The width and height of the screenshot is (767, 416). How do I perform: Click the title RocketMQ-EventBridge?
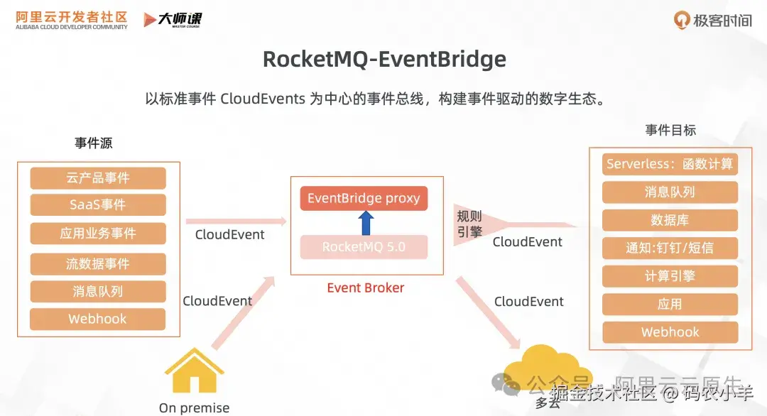[384, 59]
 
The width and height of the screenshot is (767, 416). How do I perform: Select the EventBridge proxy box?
[364, 199]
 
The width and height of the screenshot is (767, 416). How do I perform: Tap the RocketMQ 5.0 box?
[364, 247]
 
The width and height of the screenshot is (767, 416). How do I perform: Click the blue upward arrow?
[366, 222]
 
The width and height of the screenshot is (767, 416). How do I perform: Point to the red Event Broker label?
[365, 288]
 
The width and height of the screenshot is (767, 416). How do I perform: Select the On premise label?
[194, 407]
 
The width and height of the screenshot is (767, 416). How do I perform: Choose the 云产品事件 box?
[98, 178]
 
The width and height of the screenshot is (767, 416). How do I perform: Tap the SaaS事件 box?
[98, 205]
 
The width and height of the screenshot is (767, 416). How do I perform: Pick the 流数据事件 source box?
[98, 264]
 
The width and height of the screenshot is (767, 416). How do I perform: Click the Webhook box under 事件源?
[98, 319]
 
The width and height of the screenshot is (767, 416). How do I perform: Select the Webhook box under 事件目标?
[670, 332]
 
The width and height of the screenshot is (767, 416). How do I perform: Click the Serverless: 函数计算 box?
[670, 164]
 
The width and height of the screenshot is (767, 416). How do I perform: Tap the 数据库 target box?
[670, 220]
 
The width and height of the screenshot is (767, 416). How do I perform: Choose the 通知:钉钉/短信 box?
[670, 248]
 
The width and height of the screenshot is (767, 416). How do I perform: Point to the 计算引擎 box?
[670, 276]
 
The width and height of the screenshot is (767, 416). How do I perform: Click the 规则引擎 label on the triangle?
[469, 224]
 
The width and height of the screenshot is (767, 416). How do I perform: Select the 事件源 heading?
[94, 143]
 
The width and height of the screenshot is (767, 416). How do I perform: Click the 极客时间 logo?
[712, 20]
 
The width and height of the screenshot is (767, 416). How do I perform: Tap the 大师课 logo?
[173, 20]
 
